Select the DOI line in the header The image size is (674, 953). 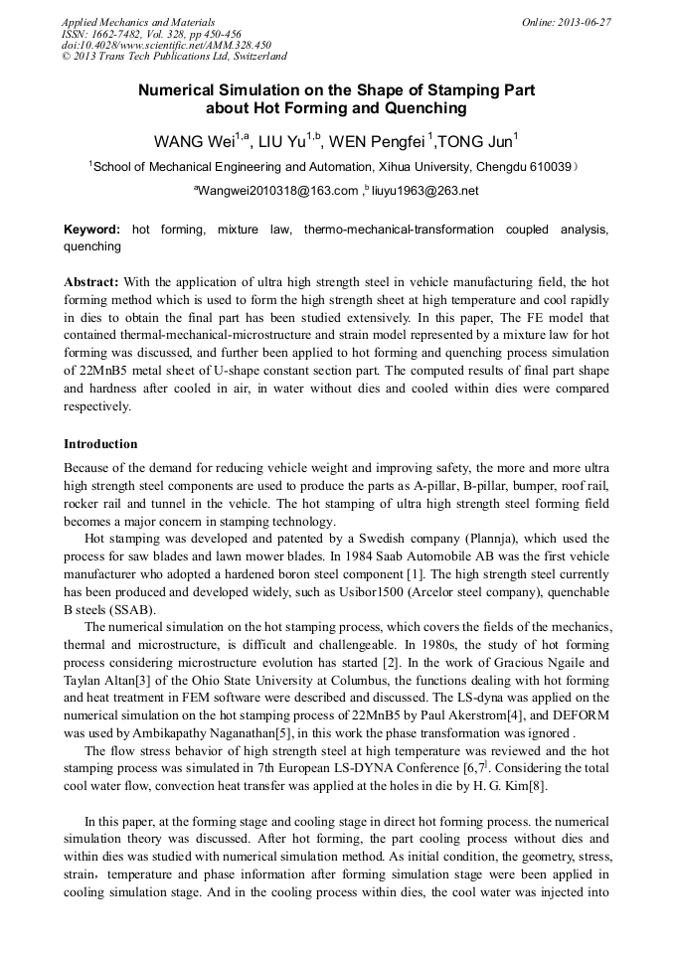[x=166, y=46]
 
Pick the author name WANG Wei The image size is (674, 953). [x=190, y=140]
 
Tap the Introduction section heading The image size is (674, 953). [x=100, y=443]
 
